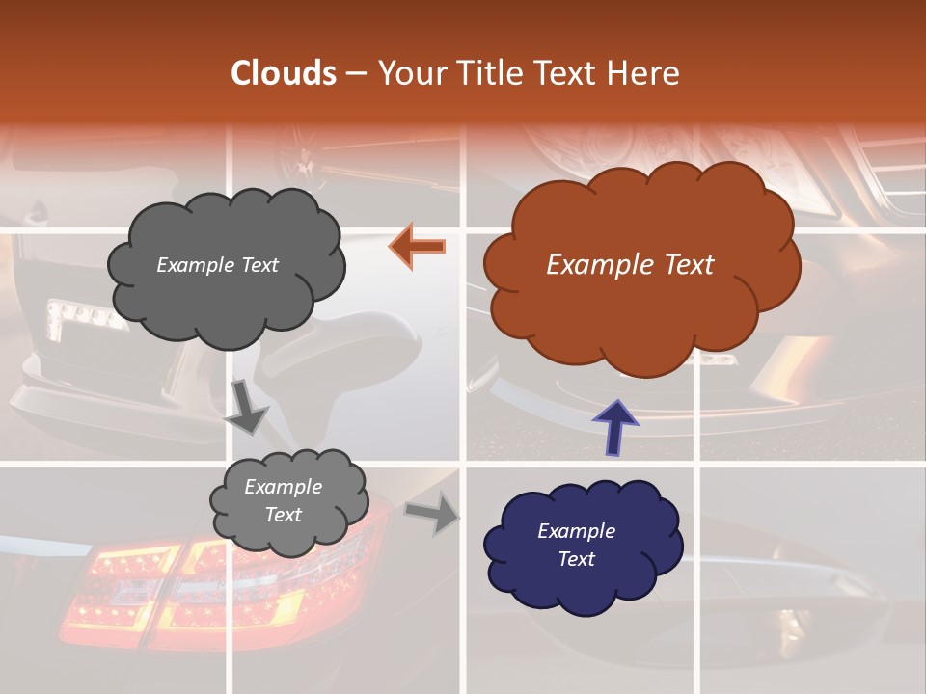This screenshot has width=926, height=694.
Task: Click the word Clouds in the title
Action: tap(283, 73)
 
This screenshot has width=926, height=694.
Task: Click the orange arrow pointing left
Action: tap(418, 247)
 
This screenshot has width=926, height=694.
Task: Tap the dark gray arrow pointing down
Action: tap(247, 407)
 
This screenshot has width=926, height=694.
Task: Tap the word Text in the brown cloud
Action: tap(687, 265)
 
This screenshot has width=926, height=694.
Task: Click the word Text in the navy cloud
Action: tap(576, 559)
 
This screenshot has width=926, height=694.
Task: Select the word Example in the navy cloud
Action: tap(576, 531)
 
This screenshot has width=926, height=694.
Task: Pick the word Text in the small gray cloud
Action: tap(284, 515)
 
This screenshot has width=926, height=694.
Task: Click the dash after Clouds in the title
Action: tap(355, 73)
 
